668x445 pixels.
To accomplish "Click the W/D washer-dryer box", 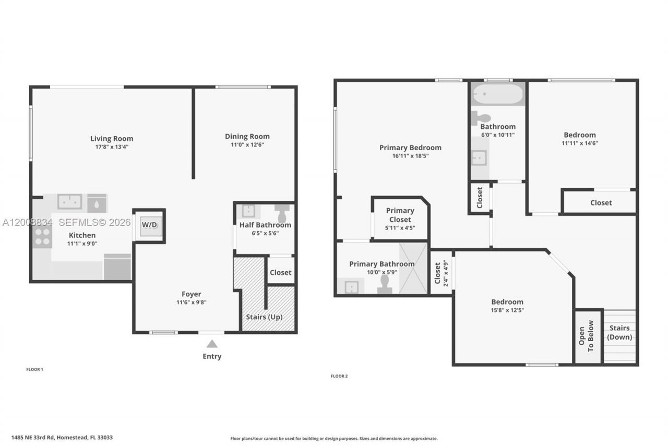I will click(x=149, y=225).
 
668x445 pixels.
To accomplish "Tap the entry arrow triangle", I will click(x=212, y=344).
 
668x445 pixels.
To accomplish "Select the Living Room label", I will click(x=112, y=138).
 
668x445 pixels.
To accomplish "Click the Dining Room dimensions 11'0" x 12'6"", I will click(x=247, y=145).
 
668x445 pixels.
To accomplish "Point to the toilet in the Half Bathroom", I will click(x=282, y=212).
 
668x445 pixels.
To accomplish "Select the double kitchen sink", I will click(x=69, y=201).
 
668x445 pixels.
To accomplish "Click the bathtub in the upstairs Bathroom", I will click(x=497, y=94).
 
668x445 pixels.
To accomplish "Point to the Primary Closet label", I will click(x=400, y=215).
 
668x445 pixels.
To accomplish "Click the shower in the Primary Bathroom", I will click(x=413, y=268).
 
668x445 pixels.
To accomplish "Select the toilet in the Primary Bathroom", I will click(x=385, y=284).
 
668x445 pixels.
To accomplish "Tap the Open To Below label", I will click(x=587, y=336).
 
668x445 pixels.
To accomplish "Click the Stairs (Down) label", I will click(x=619, y=332).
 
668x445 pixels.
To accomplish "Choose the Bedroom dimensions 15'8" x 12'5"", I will click(x=507, y=310).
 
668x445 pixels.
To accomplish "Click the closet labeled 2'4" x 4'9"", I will click(x=441, y=272).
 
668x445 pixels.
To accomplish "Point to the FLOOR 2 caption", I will click(x=339, y=376).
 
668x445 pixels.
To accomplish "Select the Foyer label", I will click(x=191, y=294).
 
